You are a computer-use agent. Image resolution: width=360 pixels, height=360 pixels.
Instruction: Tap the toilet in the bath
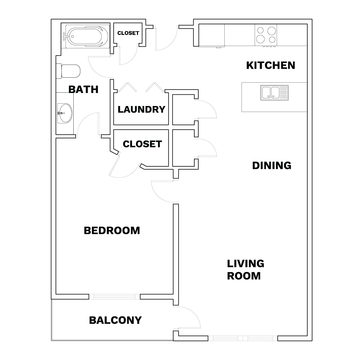68,71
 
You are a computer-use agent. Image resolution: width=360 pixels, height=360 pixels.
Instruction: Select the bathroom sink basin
65,113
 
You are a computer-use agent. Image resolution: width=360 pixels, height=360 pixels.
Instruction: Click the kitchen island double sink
274,93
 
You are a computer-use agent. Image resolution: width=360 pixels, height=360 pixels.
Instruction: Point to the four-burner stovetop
266,35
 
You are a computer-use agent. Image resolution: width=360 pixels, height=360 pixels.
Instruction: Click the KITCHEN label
271,65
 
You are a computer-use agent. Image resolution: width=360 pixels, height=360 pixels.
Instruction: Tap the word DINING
272,166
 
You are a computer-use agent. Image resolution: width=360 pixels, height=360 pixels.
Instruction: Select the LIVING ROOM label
245,270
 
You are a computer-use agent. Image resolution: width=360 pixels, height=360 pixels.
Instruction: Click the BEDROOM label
112,231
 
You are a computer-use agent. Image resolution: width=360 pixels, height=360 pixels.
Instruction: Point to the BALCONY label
115,320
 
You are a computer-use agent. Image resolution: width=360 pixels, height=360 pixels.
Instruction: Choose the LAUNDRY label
141,110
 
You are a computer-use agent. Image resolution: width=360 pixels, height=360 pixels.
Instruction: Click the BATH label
84,89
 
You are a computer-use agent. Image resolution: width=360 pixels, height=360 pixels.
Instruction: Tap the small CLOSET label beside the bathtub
128,33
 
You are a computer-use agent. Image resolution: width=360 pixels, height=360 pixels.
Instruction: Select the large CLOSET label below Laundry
142,144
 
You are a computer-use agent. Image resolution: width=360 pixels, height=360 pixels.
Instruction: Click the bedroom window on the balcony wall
115,297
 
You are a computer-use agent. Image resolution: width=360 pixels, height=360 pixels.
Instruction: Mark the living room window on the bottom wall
243,338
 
